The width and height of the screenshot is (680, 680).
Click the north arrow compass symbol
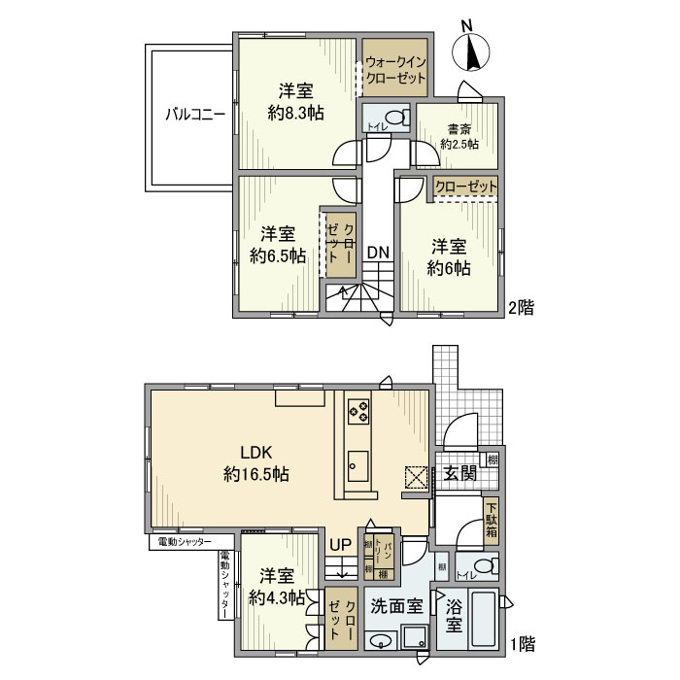473,51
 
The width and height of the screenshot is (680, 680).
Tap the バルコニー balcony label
194,114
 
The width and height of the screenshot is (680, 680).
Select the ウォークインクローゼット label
395,65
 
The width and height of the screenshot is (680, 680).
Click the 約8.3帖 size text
295,113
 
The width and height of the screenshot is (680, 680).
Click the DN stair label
378,253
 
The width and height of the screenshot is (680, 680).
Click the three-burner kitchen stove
356,411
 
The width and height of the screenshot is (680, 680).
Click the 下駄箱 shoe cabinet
492,520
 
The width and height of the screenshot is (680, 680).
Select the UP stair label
340,546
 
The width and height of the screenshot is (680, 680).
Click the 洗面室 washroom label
399,607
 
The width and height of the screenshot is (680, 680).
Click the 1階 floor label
524,643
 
